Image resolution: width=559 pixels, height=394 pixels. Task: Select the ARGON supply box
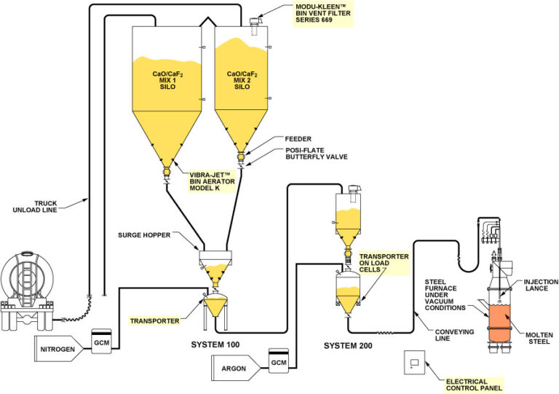[234, 369]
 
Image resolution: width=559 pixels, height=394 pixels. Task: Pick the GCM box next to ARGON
[277, 362]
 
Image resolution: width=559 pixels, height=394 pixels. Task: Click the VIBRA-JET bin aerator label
[211, 181]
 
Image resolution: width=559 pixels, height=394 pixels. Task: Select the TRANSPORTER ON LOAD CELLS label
[384, 263]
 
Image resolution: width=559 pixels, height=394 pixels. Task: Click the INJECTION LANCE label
[539, 285]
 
